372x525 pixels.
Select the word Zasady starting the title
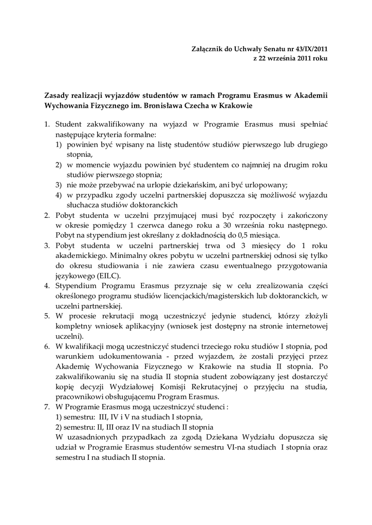pyautogui.click(x=58, y=95)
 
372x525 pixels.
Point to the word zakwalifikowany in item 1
pyautogui.click(x=112, y=125)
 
